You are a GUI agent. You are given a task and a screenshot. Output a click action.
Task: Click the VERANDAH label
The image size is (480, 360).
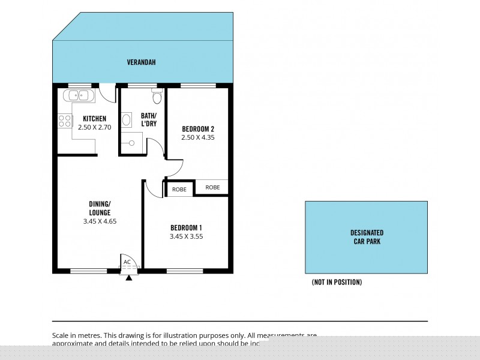pos(142,62)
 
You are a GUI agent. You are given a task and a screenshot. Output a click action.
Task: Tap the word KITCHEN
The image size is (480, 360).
pos(95,119)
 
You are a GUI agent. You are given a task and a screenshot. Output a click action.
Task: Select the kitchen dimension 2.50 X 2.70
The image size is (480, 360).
pos(95,127)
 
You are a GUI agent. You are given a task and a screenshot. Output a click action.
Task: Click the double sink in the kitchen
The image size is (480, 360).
pos(76,95)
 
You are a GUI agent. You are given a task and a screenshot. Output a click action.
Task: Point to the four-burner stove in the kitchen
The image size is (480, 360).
pos(64,119)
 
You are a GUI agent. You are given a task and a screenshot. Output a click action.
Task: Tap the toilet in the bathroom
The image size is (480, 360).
pos(157,97)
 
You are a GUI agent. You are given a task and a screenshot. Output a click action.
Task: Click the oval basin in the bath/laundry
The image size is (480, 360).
pos(127,120)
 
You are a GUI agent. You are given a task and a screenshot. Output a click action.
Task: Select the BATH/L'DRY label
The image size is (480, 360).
pos(149,119)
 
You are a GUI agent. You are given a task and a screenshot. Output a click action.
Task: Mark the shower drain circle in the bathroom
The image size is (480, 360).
pos(131,143)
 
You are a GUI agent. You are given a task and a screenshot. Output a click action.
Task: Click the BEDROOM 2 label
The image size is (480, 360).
pos(198,129)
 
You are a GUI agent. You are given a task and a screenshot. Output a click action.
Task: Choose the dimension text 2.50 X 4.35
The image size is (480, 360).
pos(198,137)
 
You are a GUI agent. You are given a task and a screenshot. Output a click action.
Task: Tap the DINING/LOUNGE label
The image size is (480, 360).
pos(100,208)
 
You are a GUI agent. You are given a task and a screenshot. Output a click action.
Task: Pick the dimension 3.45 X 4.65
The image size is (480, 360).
pos(100,221)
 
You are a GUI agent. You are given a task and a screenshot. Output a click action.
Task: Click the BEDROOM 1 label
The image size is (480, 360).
pos(186,227)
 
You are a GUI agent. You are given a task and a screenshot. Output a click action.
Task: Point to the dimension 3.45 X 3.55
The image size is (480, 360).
pos(186,236)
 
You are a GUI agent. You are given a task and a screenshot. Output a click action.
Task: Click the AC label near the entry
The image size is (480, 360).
pos(127,262)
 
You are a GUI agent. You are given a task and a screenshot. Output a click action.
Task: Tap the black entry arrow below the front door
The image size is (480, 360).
pos(128,278)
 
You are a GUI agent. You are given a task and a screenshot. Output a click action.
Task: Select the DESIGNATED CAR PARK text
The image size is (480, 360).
pos(367,237)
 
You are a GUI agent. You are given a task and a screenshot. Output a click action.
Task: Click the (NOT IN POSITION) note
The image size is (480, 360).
pos(337,282)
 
